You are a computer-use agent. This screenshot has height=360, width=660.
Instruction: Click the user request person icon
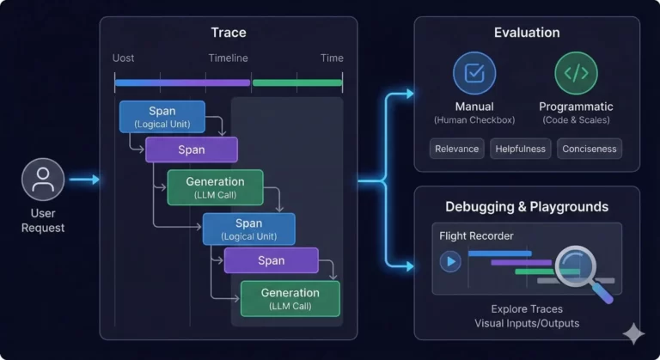point(43,180)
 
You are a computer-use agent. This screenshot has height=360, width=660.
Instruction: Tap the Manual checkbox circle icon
point(474,73)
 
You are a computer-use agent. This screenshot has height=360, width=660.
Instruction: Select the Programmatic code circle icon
point(577,73)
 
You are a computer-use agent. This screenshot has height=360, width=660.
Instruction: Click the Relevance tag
point(456,149)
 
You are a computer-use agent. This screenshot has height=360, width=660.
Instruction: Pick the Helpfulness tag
point(520,149)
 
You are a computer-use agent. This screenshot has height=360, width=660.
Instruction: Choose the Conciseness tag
point(590,149)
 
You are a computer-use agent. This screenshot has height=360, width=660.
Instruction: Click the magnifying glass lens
point(576,266)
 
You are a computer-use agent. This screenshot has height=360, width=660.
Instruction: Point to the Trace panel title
point(229,33)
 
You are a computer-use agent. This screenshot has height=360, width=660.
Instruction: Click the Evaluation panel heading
point(527,33)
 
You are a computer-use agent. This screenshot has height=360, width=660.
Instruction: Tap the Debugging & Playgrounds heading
point(527,207)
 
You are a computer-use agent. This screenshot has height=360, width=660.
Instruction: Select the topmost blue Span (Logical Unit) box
point(162,117)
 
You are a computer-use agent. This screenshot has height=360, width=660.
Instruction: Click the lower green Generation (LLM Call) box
point(290,298)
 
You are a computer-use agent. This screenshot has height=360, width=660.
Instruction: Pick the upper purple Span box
point(192,149)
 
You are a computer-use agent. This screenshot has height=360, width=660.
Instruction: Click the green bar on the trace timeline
point(297,83)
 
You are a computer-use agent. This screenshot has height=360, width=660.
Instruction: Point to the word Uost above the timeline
point(123,58)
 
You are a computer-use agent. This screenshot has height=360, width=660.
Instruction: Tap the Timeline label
point(228,58)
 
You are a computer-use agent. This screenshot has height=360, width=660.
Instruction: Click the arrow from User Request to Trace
point(84,180)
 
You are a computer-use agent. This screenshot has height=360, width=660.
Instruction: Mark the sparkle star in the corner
point(633,334)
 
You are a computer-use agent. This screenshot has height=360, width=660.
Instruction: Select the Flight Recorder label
point(476,235)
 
